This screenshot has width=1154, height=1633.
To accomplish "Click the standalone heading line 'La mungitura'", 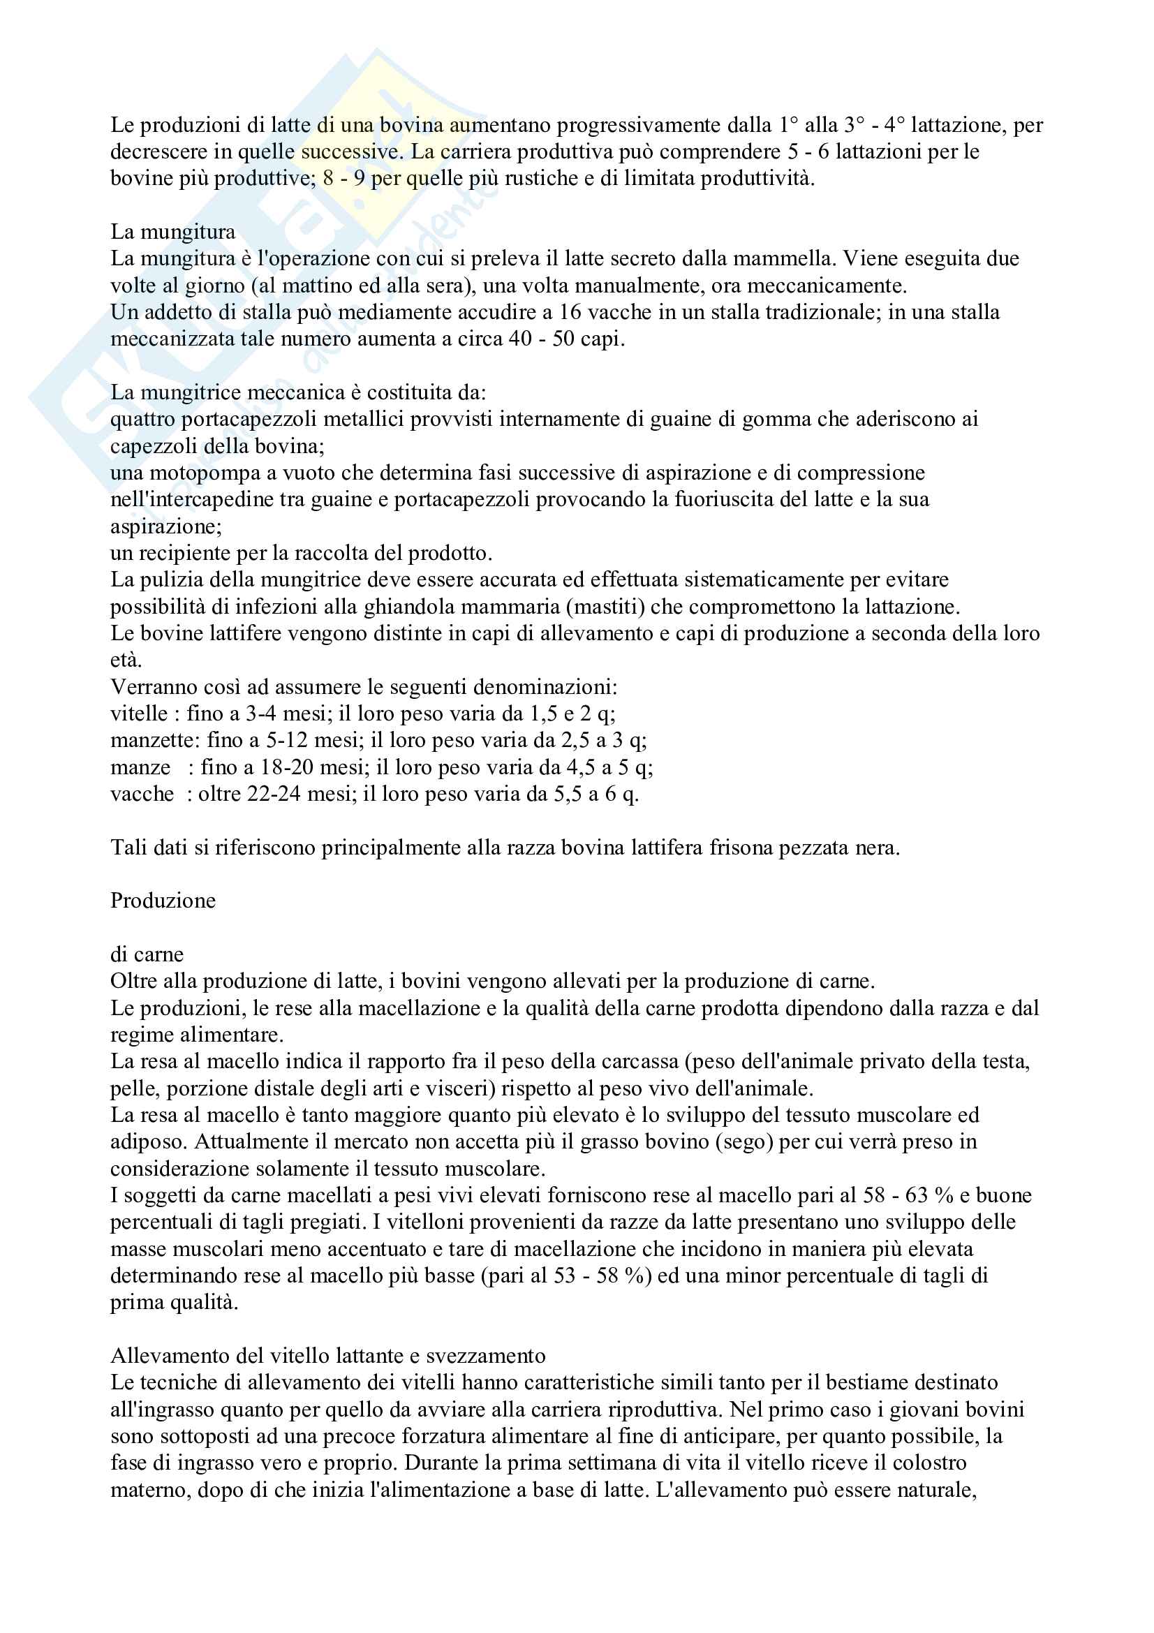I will pyautogui.click(x=172, y=232).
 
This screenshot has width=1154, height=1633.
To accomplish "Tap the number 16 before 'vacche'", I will pyautogui.click(x=570, y=312).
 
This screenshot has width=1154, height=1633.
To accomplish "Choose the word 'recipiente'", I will pyautogui.click(x=191, y=554).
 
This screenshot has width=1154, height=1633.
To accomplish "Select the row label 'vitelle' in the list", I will pyautogui.click(x=140, y=714).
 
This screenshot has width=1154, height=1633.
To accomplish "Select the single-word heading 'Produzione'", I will pyautogui.click(x=163, y=901).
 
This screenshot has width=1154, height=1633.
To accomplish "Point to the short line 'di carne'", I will pyautogui.click(x=147, y=954).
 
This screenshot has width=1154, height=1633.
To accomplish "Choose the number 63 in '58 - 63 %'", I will pyautogui.click(x=916, y=1195).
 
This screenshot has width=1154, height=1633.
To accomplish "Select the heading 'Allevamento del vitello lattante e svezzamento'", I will pyautogui.click(x=328, y=1357).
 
